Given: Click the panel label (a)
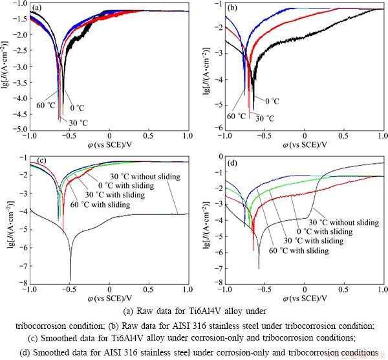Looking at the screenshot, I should pos(37,9).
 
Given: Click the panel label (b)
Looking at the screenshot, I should pos(231,9).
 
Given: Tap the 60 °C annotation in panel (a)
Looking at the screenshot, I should pos(45,106).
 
